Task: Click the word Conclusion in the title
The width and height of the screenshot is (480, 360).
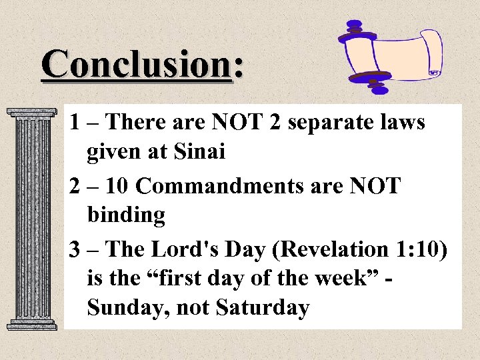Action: [x=136, y=65]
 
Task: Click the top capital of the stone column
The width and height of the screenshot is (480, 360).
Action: [x=31, y=114]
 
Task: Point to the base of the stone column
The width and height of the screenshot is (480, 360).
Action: [x=31, y=325]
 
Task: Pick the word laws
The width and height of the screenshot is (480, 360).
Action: [x=401, y=123]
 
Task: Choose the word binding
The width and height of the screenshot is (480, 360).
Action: [x=126, y=215]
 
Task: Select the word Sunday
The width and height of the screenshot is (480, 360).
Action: [x=124, y=308]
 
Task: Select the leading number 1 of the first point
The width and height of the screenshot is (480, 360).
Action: [x=75, y=123]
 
